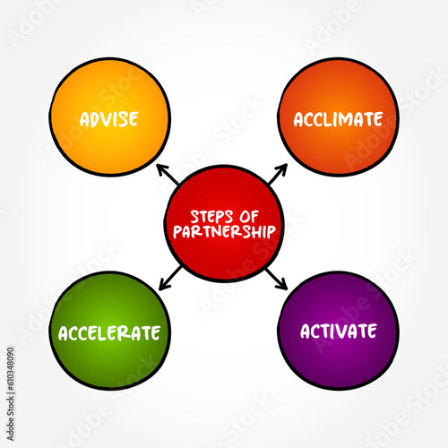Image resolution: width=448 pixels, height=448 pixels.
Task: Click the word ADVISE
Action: (108, 119)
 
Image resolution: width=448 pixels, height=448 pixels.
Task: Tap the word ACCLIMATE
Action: (338, 119)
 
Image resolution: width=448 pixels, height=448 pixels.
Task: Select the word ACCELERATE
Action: (109, 333)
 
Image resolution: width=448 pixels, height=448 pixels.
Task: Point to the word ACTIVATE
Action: (338, 332)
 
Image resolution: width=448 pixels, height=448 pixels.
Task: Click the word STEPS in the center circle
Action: (211, 217)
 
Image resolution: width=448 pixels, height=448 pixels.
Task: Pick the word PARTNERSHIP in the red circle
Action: (224, 232)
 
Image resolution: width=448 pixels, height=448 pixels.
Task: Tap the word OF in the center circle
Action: (249, 217)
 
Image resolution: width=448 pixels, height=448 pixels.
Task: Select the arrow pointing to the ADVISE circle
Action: (168, 175)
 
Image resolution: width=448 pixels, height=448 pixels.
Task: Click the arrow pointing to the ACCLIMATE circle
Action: (278, 174)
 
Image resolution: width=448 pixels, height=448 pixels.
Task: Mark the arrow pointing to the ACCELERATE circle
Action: (170, 278)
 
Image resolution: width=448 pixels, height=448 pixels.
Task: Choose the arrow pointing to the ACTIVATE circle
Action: (277, 279)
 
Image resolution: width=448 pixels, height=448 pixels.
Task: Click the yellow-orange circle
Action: (109, 116)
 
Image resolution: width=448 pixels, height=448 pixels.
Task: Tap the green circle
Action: (109, 331)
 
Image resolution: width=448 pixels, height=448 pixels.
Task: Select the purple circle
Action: (338, 331)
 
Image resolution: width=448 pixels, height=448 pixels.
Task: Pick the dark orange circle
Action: (338, 116)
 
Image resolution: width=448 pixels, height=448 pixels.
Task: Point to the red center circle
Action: (224, 224)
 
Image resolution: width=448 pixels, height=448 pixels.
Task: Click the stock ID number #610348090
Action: (10, 368)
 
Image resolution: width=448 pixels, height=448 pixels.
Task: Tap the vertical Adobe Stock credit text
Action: (10, 418)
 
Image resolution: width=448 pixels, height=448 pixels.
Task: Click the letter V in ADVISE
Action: (106, 119)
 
